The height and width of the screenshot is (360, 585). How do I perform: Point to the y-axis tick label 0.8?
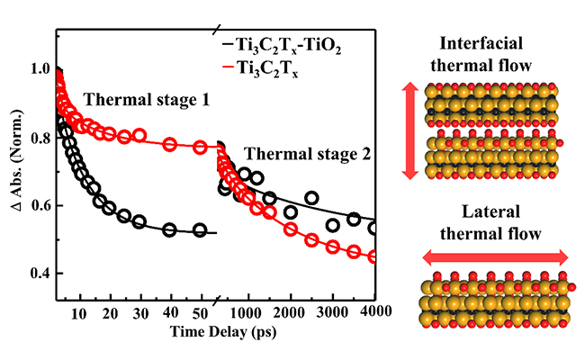[39, 139]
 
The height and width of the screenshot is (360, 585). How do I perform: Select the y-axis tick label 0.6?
[39, 206]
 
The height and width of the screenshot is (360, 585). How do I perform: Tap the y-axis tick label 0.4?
[39, 274]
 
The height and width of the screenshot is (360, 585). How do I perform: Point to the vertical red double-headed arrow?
[409, 129]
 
